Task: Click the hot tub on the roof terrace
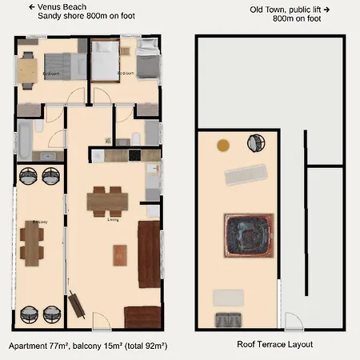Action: pyautogui.click(x=247, y=235)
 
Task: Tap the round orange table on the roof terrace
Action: pyautogui.click(x=223, y=145)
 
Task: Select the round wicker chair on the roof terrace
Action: pyautogui.click(x=257, y=142)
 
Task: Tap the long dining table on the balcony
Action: pyautogui.click(x=32, y=242)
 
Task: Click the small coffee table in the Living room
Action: pyautogui.click(x=119, y=254)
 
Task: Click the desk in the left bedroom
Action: pyautogui.click(x=28, y=71)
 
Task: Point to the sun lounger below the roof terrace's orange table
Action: pyautogui.click(x=245, y=174)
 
